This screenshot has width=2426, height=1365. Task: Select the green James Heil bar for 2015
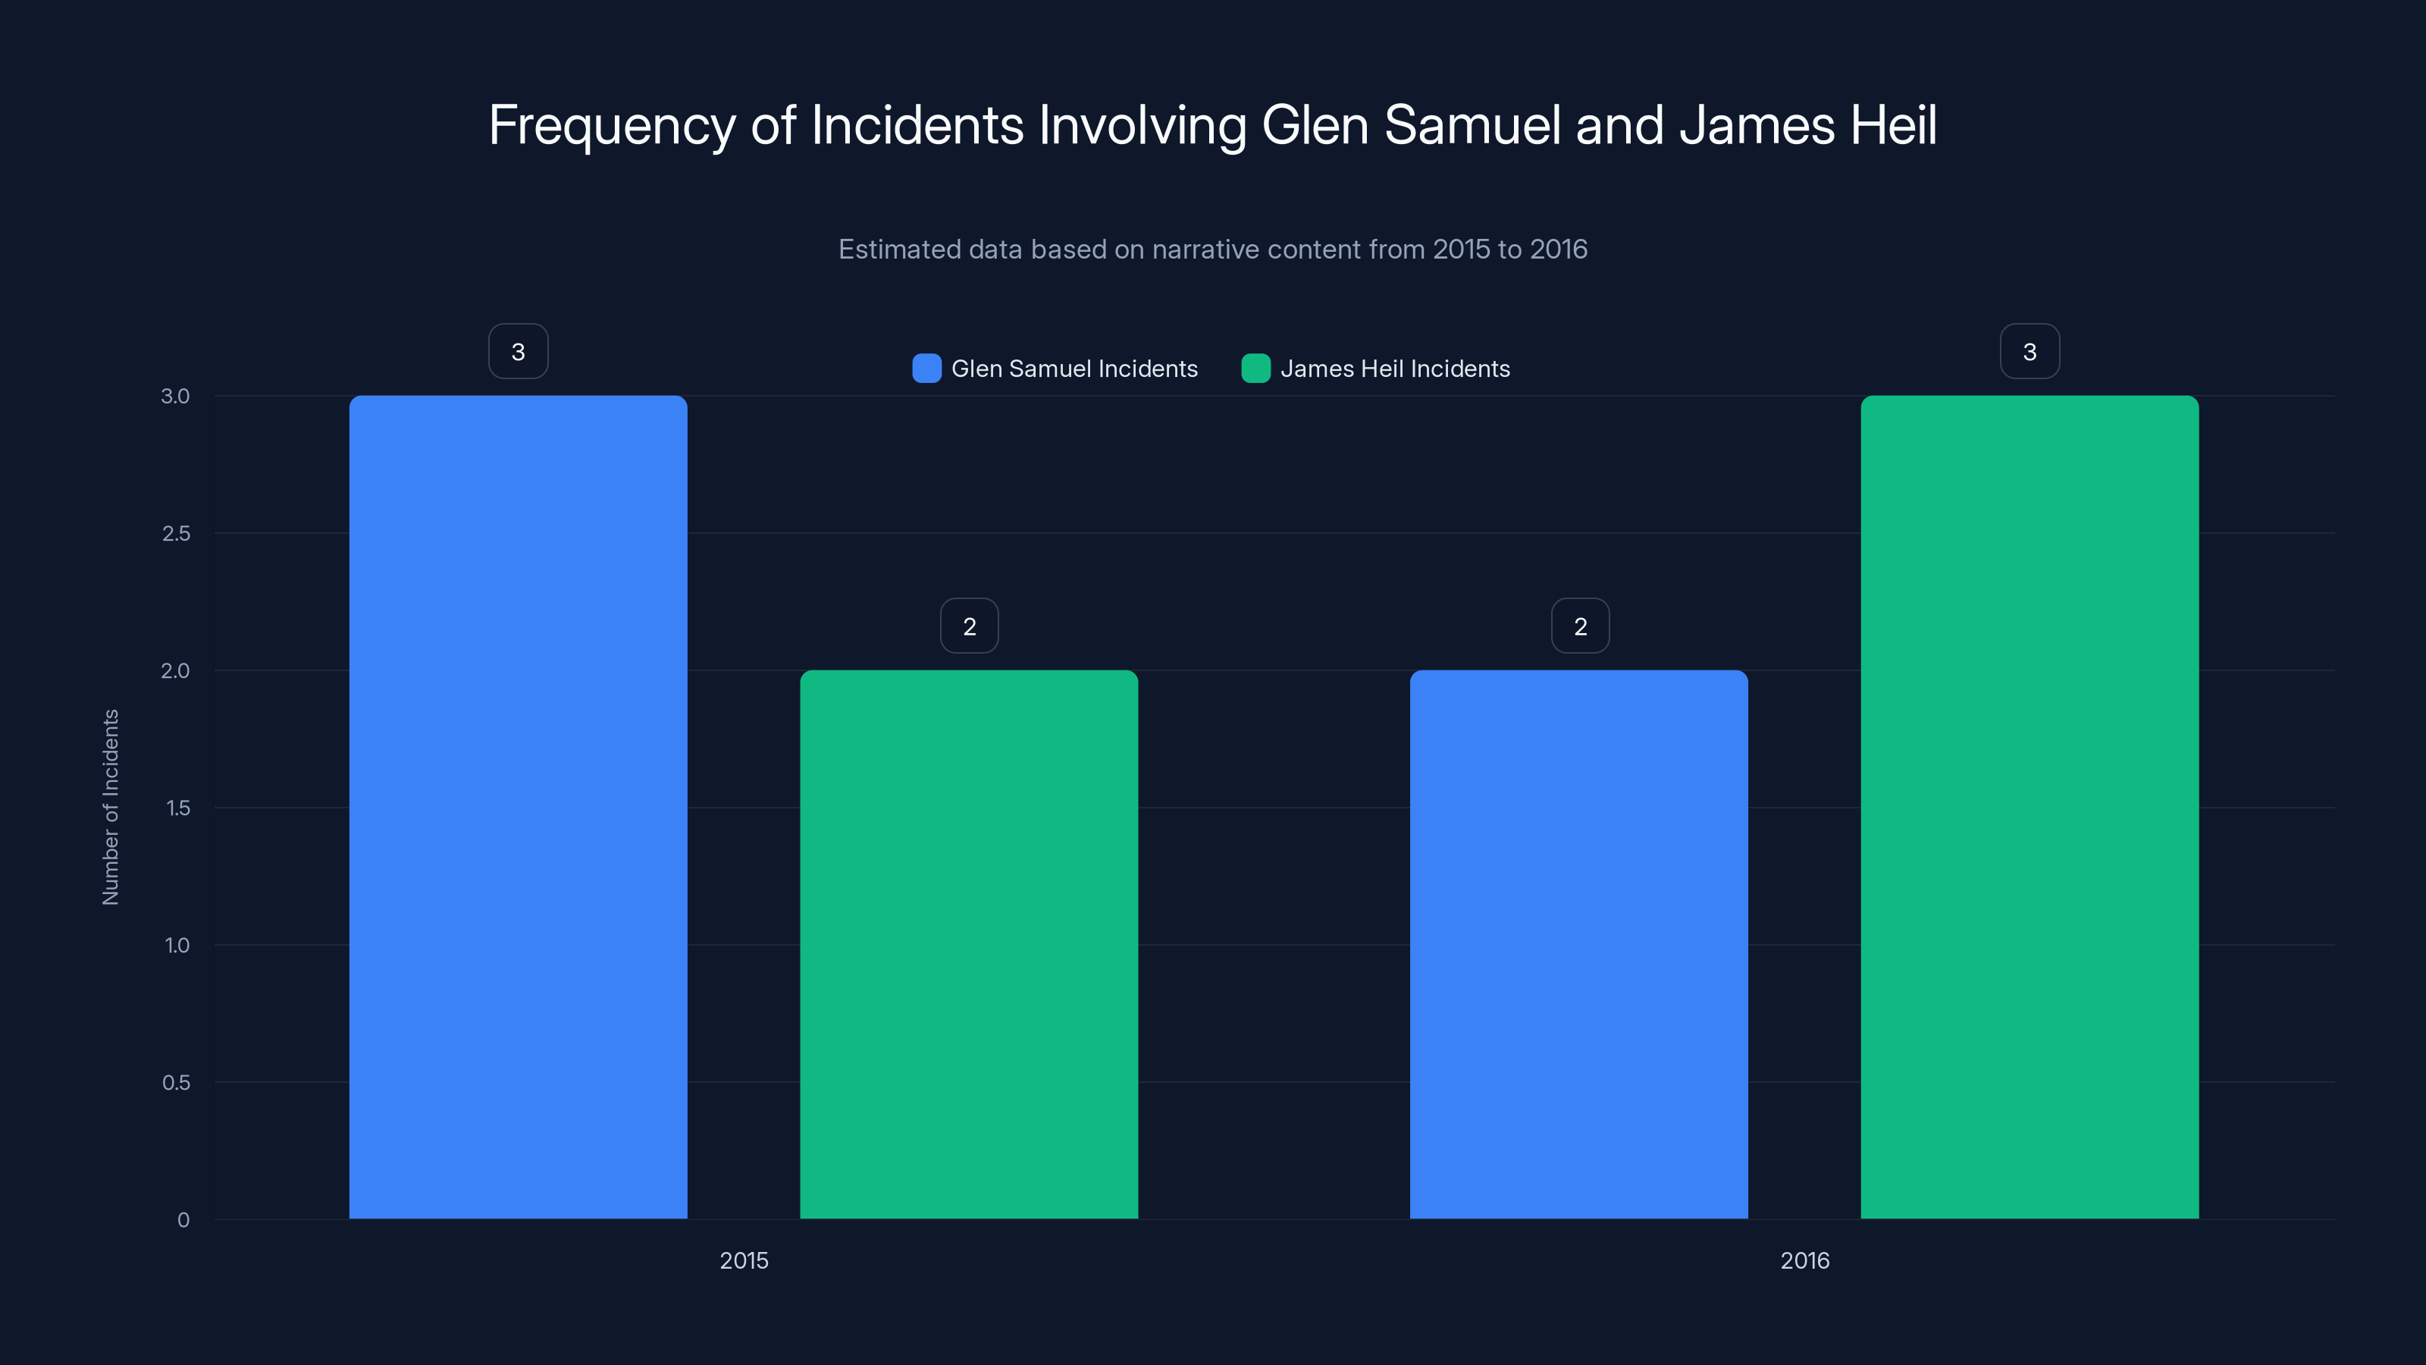tap(969, 944)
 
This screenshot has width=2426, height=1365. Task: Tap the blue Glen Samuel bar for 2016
tap(1578, 944)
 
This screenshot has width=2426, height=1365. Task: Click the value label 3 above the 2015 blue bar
tap(518, 351)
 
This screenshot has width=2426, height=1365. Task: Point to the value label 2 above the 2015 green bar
tap(969, 626)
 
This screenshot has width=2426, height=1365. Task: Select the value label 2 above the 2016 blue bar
tap(1580, 626)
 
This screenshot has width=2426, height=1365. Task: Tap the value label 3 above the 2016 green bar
tap(2030, 351)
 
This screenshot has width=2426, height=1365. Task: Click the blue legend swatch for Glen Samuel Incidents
tap(926, 369)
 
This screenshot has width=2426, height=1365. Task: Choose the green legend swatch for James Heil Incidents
tap(1255, 369)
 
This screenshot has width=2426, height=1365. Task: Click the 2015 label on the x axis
tap(744, 1260)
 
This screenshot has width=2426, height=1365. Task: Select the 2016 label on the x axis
tap(1804, 1260)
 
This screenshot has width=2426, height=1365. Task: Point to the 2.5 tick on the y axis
tap(176, 534)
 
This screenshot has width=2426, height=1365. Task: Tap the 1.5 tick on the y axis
tap(177, 808)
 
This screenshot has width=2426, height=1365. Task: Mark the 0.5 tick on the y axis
tap(176, 1082)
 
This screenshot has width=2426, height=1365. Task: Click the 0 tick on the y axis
tap(183, 1220)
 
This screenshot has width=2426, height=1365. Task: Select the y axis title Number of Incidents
tap(110, 808)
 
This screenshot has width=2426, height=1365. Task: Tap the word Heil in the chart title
tap(1893, 125)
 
